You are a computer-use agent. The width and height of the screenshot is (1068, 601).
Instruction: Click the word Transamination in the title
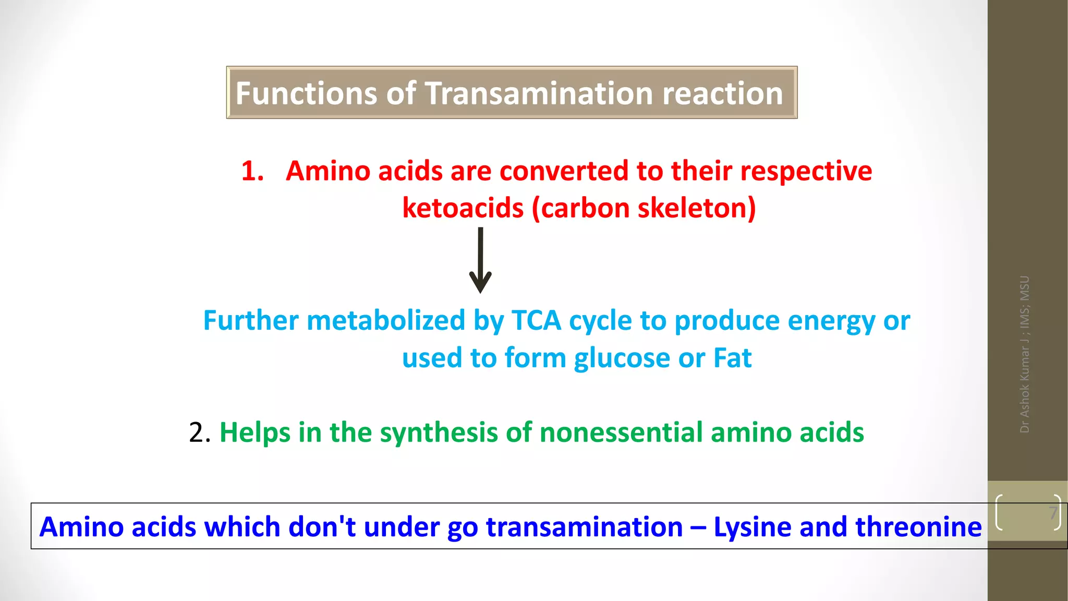click(x=539, y=93)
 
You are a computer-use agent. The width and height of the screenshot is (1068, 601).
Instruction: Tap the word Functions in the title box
click(x=306, y=93)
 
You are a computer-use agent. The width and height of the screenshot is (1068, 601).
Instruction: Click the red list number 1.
click(x=252, y=171)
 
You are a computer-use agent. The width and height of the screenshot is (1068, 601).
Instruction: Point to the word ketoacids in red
click(x=463, y=208)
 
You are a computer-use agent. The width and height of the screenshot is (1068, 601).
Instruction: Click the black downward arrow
click(x=480, y=260)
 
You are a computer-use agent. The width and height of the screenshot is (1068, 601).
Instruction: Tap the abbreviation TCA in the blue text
click(x=536, y=320)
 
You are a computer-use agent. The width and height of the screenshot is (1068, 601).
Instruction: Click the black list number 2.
click(x=199, y=432)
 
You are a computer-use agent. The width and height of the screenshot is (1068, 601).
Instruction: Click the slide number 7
click(x=1053, y=513)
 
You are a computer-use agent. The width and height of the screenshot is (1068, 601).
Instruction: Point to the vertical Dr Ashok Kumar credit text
click(x=1025, y=354)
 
